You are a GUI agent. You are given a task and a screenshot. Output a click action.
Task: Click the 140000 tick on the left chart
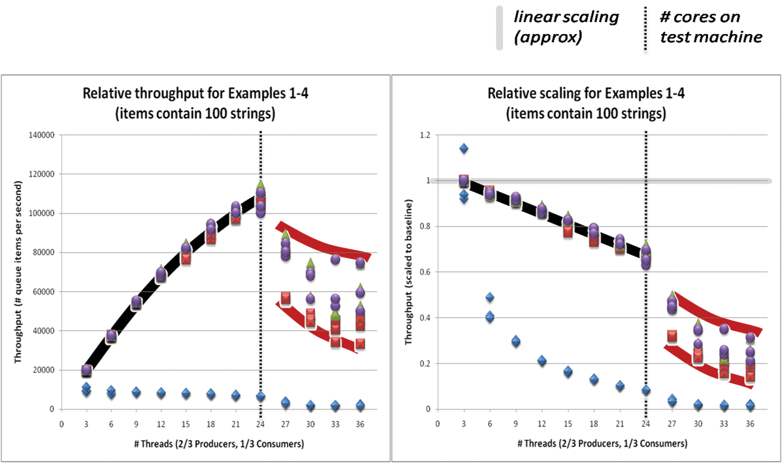[41, 135]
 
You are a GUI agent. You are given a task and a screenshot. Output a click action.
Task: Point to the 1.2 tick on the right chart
[425, 135]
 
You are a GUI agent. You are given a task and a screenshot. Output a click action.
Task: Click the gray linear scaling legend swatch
[499, 29]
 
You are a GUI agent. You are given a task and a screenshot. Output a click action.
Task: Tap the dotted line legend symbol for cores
[645, 29]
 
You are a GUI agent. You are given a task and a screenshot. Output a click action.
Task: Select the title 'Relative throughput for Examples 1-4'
[195, 93]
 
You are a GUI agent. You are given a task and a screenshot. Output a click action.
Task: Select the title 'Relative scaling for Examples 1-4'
[586, 93]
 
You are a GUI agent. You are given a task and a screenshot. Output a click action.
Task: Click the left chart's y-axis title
[18, 272]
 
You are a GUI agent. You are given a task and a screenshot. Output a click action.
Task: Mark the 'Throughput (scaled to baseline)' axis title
[408, 272]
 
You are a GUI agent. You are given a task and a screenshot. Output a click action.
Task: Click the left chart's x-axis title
[219, 443]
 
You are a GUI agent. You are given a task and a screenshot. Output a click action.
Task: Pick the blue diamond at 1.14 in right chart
[464, 148]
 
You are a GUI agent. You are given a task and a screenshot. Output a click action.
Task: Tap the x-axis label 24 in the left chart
[260, 424]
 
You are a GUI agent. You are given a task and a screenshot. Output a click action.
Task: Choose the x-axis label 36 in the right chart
[749, 424]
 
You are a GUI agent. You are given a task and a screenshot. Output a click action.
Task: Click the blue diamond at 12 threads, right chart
[542, 361]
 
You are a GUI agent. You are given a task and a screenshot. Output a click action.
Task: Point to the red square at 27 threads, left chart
[285, 298]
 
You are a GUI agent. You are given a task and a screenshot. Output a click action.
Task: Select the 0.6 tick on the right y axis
[425, 272]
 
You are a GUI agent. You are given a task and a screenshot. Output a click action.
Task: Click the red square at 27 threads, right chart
[672, 336]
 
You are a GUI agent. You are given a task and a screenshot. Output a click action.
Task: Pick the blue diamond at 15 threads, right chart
[568, 372]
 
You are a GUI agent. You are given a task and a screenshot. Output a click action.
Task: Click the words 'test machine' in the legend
[711, 37]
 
